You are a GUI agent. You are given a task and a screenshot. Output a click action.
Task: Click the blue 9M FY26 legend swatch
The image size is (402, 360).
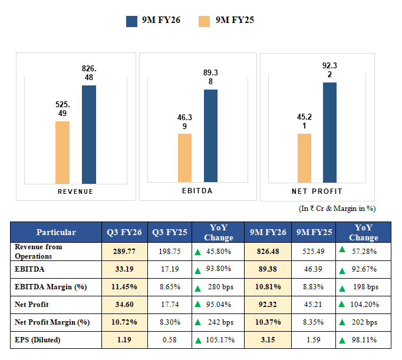coord(132,21)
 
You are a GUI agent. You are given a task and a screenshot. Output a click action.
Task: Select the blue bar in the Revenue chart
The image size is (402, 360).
coord(88,134)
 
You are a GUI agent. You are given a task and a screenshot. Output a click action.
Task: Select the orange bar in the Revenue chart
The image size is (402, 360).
coord(62,153)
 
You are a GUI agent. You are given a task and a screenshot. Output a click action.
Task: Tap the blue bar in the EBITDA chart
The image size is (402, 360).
coord(210,136)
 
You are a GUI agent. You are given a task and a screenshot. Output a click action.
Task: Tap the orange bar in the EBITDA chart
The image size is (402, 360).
coord(184,158)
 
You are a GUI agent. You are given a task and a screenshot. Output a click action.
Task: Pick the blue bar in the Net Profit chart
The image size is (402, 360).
coord(330,133)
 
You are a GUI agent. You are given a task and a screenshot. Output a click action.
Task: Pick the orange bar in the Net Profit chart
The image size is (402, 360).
coord(304,158)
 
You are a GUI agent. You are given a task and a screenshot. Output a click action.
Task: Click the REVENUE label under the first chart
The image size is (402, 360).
coord(75,192)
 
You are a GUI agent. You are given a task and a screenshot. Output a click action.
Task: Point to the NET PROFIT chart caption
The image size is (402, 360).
coord(317,191)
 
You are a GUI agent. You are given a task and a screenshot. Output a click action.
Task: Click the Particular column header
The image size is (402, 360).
coord(56,232)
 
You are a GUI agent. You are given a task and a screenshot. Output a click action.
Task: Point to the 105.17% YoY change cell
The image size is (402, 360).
coord(217,339)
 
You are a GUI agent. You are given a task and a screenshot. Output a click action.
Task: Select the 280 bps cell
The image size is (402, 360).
coord(217,287)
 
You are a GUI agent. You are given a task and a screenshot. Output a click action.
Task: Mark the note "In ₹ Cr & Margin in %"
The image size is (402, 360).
coord(337,208)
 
